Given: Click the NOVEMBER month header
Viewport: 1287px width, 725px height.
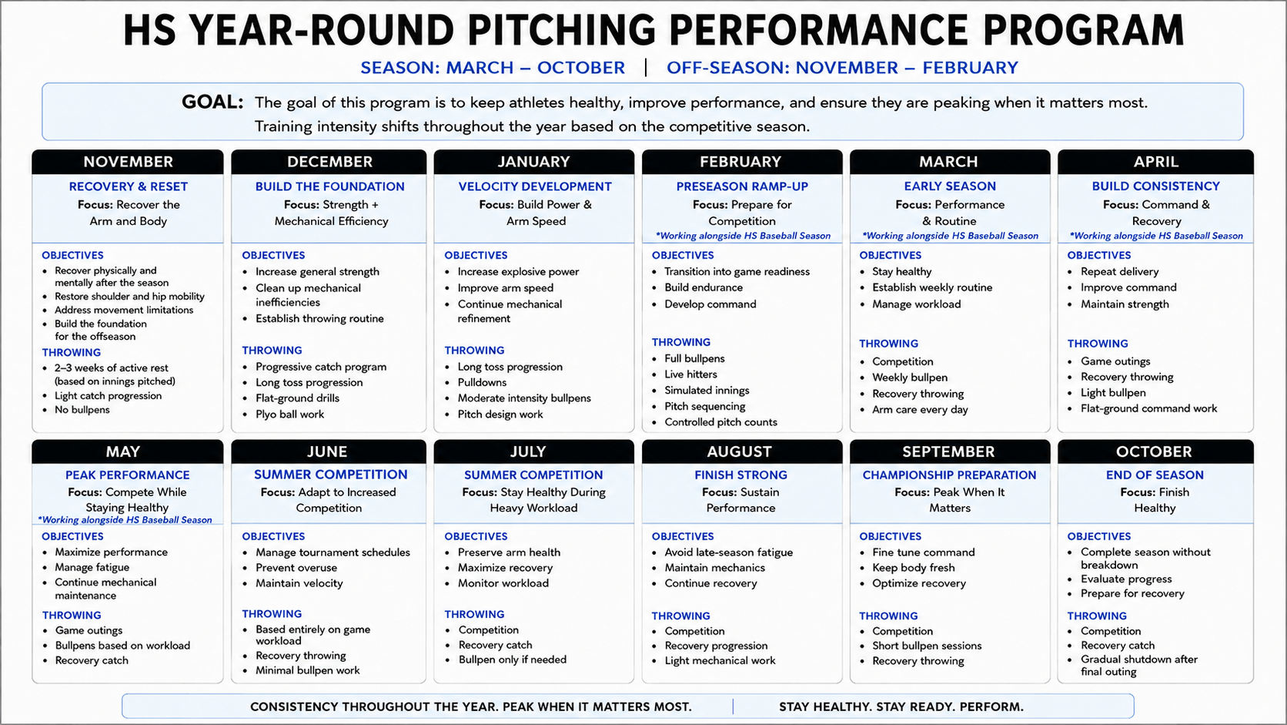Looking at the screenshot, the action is [x=128, y=162].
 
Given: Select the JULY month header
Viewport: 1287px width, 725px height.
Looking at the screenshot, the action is [x=528, y=451].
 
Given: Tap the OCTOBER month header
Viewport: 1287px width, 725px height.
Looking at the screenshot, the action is [x=1154, y=451].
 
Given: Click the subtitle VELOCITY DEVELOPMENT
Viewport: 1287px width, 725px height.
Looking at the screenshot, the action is [x=535, y=186].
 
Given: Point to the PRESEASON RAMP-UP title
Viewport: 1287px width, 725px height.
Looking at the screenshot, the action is [x=742, y=186].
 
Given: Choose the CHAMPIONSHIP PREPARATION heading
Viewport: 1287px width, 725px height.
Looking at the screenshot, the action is [x=949, y=475].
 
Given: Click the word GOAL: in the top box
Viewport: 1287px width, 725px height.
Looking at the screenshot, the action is [x=212, y=102].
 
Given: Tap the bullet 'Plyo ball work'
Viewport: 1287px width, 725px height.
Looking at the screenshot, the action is [x=289, y=414].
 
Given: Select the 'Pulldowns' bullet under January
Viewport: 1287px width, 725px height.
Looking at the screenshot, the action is [x=482, y=382].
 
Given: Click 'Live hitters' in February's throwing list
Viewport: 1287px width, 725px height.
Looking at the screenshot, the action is [x=690, y=374].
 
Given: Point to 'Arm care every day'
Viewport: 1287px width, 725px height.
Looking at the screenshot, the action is [x=920, y=409].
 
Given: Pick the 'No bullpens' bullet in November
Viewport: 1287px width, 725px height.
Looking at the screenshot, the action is [x=82, y=409].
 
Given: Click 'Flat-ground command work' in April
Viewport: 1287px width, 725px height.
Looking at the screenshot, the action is [x=1148, y=408].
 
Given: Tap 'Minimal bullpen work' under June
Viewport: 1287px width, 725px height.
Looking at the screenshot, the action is [x=307, y=670].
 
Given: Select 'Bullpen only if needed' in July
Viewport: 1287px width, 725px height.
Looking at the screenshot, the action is [x=512, y=660].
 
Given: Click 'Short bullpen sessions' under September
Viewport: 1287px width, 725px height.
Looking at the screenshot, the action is [x=927, y=646].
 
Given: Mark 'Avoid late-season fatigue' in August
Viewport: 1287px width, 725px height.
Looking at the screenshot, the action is [x=728, y=552].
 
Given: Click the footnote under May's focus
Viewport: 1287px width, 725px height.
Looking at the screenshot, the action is [x=125, y=520].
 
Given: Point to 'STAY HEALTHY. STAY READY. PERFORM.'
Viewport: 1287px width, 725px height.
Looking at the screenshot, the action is [x=901, y=707].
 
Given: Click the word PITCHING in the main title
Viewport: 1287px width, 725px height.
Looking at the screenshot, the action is [x=562, y=30].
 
